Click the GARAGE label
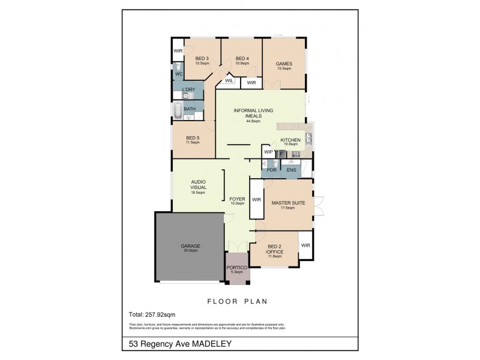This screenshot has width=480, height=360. point(191,246)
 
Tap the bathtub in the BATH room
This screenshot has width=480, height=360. point(179,111)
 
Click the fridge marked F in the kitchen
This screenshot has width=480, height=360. point(281,154)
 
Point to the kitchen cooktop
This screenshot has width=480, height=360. point(295,154)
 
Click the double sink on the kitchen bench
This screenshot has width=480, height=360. point(309,139)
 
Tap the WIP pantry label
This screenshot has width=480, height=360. point(268,153)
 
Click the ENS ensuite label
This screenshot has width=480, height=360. point(291,170)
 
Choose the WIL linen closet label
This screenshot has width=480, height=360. point(229,81)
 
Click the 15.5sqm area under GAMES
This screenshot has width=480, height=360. point(283,69)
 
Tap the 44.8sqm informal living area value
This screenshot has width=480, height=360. point(253,121)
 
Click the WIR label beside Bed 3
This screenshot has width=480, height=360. point(178,51)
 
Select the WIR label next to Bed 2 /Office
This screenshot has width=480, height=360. point(305,245)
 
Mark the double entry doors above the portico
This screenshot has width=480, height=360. point(238,247)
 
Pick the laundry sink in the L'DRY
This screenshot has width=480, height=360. point(187,95)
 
